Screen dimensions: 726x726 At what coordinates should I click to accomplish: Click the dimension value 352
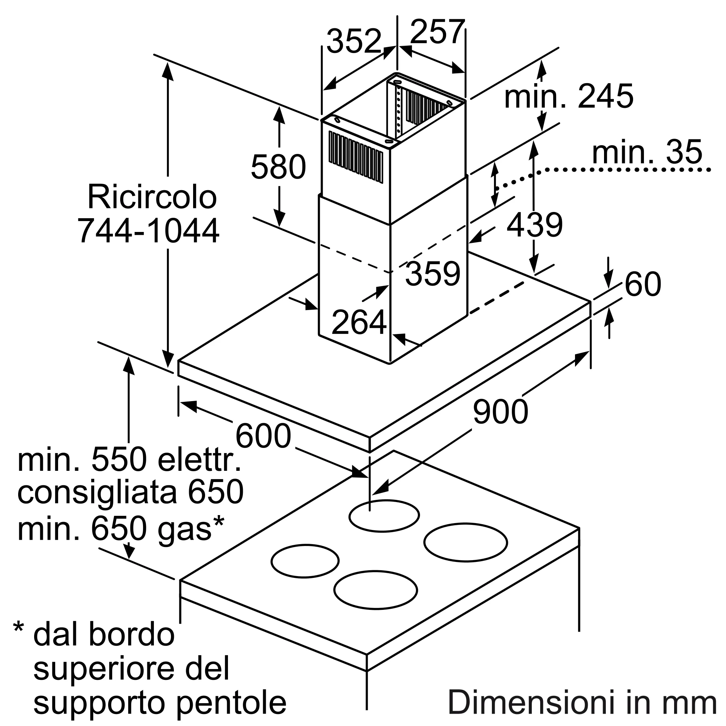[x=354, y=41]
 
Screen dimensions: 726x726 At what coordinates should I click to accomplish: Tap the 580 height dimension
[x=278, y=167]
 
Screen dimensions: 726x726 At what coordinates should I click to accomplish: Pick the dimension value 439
[x=535, y=225]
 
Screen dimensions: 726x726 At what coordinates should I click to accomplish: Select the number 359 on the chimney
[x=433, y=273]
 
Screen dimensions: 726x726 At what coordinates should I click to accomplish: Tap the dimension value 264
[x=359, y=322]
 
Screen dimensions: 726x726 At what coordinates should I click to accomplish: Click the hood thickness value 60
[x=643, y=284]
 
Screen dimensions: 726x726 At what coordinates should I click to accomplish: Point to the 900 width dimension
[x=501, y=412]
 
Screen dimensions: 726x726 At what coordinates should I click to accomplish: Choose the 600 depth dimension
[x=263, y=436]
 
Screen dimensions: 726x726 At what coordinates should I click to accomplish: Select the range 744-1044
[x=148, y=231]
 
